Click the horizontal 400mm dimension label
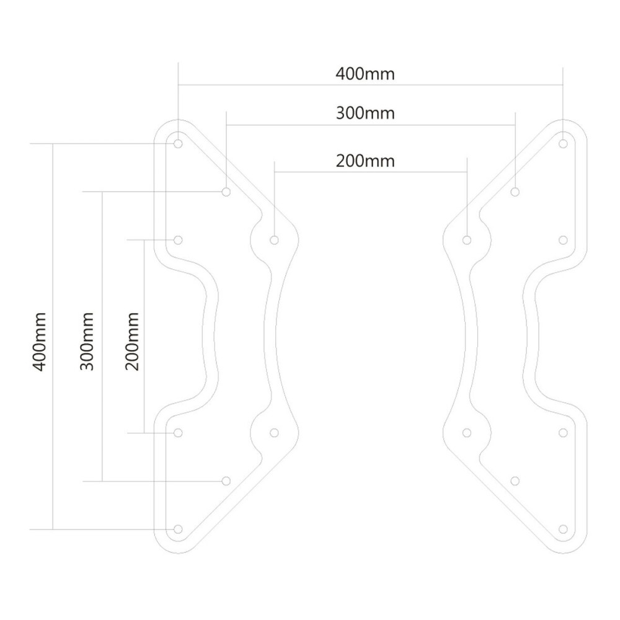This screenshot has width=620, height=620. (x=365, y=74)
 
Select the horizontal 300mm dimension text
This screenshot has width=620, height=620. (x=365, y=113)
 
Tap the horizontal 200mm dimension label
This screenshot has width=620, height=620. (x=365, y=161)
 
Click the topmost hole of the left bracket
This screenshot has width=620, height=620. (x=179, y=143)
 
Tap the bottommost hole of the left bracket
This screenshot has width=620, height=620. (x=179, y=529)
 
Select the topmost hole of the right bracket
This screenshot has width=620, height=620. (x=563, y=143)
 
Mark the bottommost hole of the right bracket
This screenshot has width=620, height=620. (x=563, y=529)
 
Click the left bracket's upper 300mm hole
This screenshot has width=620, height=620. (x=226, y=192)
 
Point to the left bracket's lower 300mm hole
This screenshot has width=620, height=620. (x=226, y=480)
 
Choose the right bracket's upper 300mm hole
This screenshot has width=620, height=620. (x=515, y=192)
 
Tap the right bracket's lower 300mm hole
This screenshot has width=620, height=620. (x=515, y=480)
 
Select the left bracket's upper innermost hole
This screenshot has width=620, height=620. (x=275, y=239)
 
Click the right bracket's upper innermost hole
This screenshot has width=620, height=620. (x=467, y=239)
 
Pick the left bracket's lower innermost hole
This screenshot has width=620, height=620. (x=275, y=432)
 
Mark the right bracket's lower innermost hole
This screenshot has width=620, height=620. (x=467, y=432)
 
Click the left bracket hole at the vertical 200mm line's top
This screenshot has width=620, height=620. (x=179, y=239)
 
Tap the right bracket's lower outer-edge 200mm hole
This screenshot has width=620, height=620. (x=563, y=432)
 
